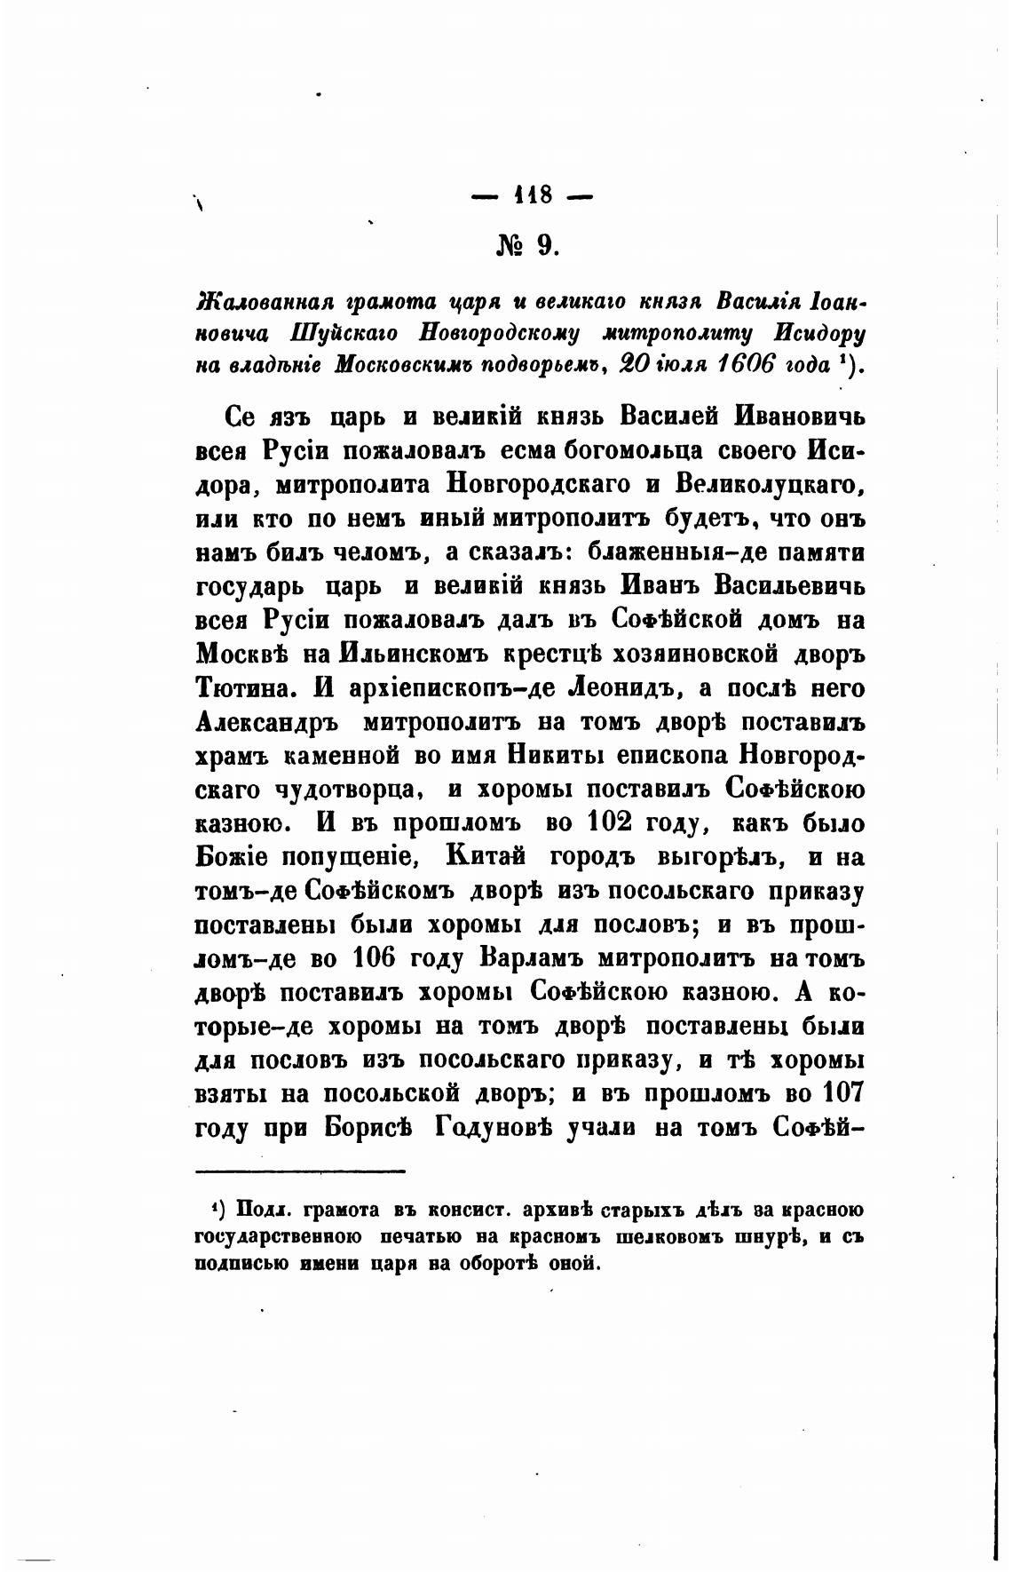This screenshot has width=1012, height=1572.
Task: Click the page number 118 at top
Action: (533, 195)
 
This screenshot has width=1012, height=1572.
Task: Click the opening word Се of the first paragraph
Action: (241, 417)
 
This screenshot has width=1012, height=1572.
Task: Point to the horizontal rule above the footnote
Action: (299, 1171)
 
